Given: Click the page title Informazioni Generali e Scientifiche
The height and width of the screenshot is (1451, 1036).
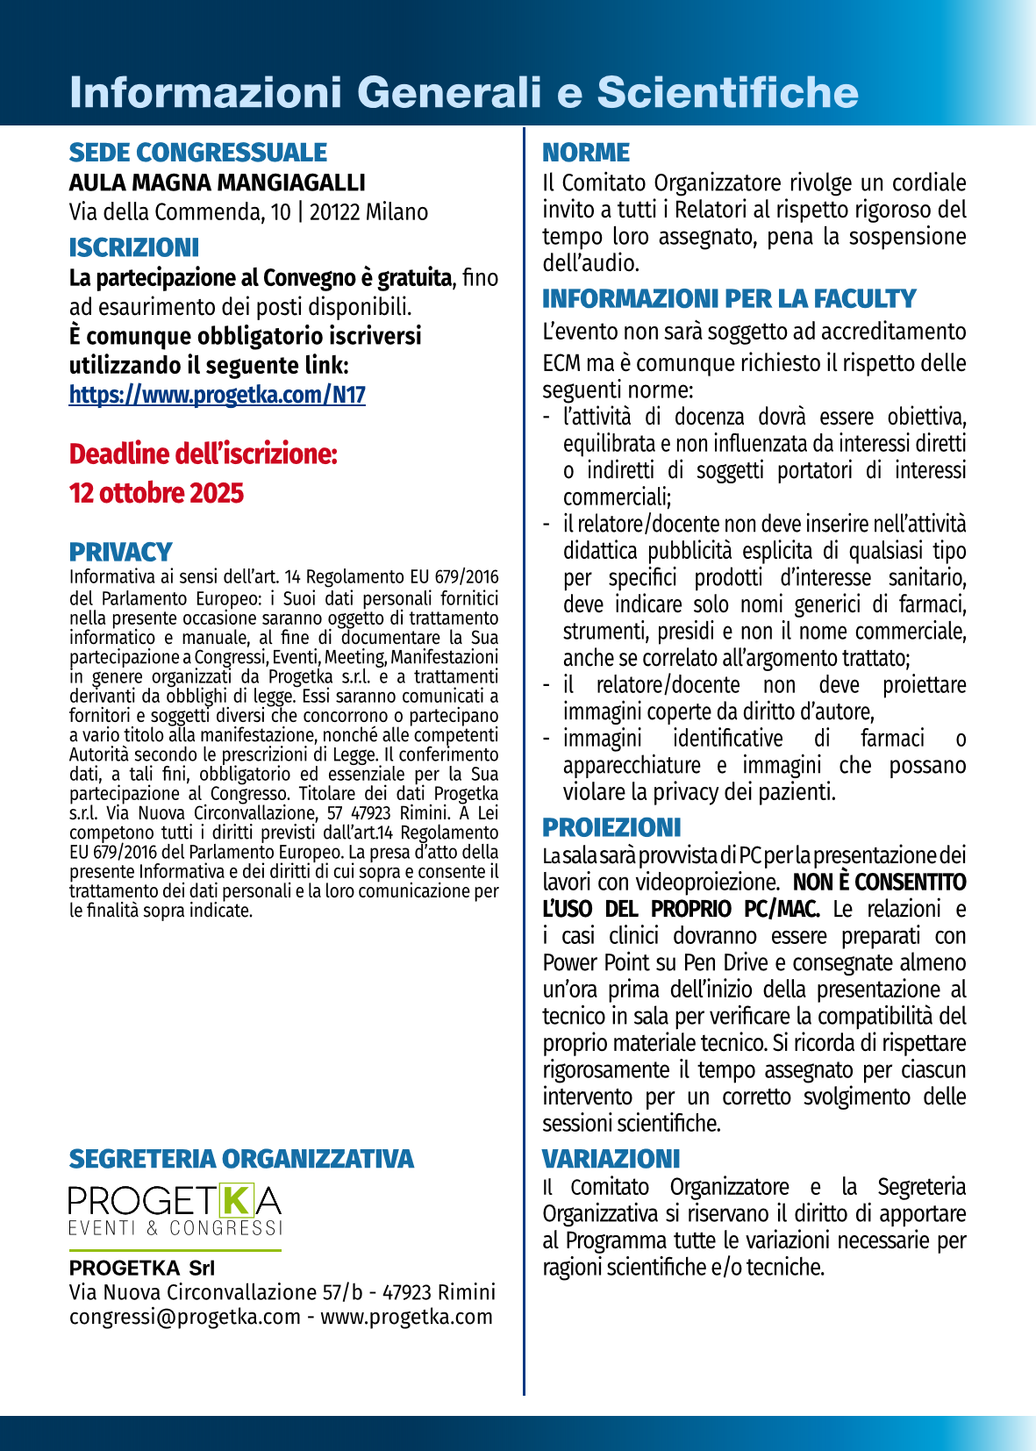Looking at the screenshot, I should coord(463,92).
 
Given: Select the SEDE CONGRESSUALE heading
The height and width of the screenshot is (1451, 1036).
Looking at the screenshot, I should coord(197,153).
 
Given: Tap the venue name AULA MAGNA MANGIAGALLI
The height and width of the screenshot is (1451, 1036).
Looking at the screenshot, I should coord(217,182).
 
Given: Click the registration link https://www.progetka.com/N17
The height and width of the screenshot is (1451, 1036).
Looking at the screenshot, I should coord(217,395).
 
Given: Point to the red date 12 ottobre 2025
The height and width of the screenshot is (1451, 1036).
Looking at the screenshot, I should coord(156,493).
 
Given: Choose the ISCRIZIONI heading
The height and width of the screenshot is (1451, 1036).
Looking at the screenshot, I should coord(133,247).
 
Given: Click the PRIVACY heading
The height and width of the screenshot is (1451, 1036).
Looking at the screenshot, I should coord(120,552).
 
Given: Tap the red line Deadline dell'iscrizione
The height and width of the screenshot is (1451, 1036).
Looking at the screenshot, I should coord(203,454).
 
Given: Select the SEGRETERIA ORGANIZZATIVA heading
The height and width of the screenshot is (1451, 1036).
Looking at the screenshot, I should coord(241,1159).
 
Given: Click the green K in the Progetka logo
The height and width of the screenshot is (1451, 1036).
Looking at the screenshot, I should coord(236,1200).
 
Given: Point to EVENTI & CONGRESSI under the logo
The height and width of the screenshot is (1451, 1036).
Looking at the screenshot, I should coord(175,1228).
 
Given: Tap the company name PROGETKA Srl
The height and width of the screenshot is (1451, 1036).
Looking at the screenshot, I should coord(142,1268).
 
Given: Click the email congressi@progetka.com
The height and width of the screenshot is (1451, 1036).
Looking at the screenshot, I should coord(185,1317).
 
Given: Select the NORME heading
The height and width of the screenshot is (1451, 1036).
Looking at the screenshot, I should coord(585,153).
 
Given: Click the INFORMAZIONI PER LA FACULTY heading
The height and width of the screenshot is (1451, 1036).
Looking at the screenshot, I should coord(728,299).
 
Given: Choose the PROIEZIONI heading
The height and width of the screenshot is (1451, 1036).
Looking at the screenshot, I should coord(611,827).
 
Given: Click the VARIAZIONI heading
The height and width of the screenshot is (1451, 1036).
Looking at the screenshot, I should coord(611,1159).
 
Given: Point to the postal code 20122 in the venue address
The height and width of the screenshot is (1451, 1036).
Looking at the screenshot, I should coord(334,212).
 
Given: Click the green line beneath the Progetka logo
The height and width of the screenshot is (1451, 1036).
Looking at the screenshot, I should coord(175,1249).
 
